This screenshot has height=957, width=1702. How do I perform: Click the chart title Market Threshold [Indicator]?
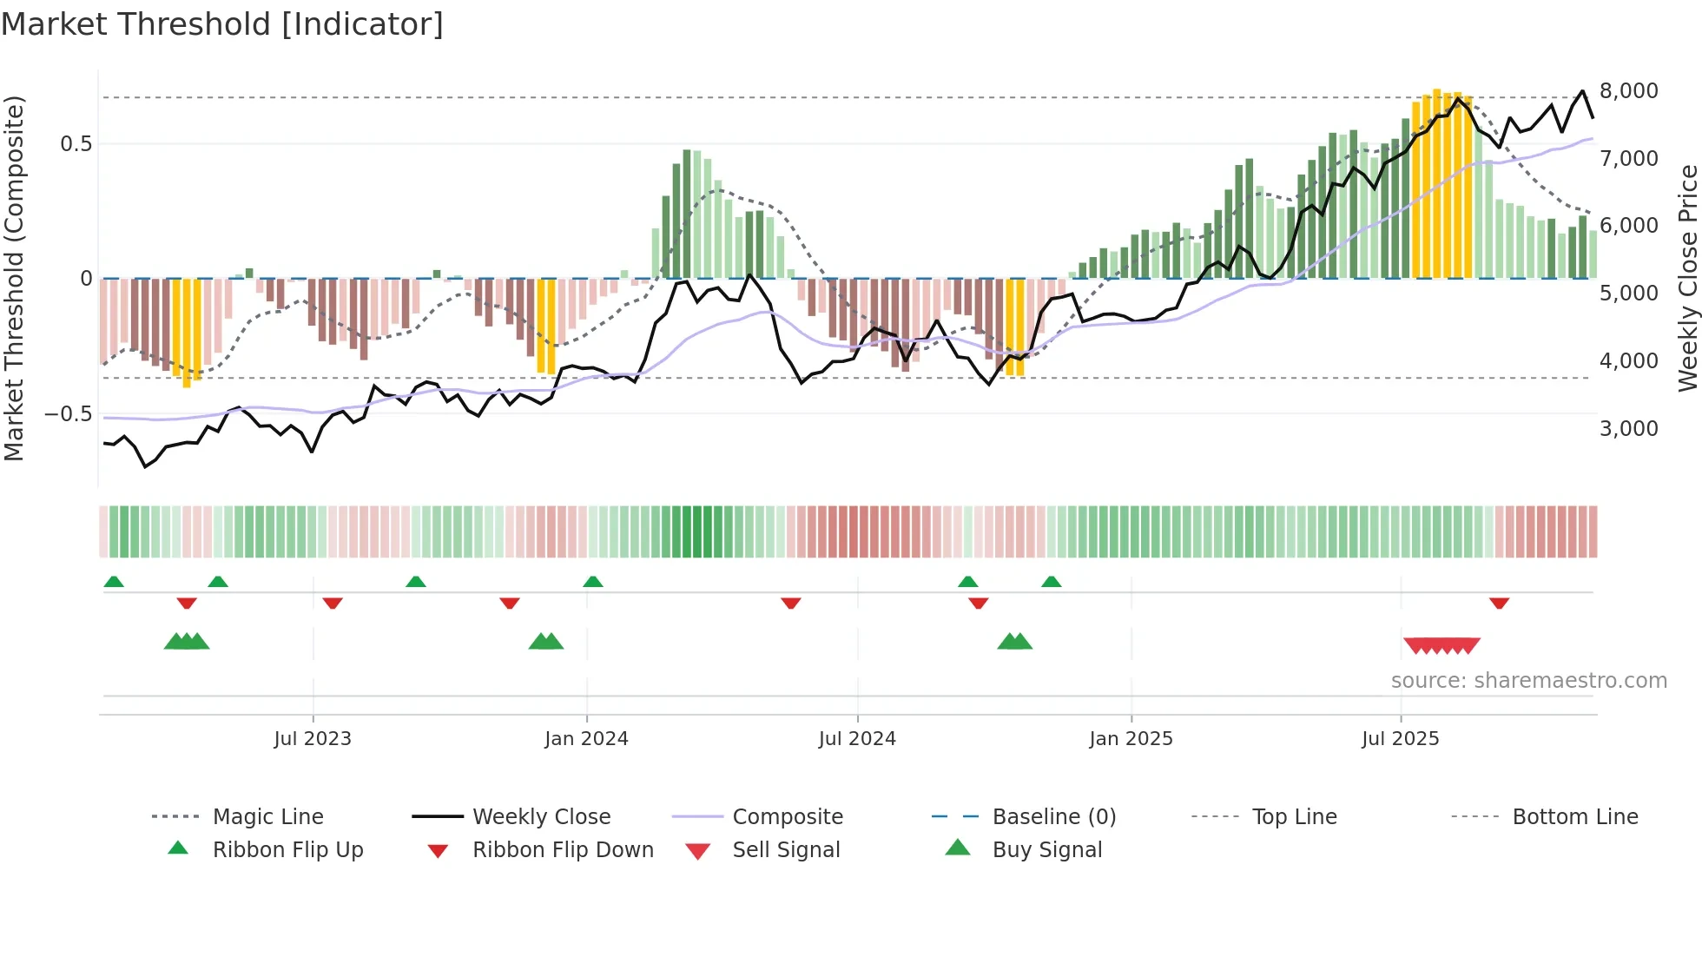coord(222,24)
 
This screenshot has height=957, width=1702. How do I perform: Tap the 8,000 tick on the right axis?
coord(1628,91)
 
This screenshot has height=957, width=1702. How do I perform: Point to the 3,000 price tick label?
coord(1628,428)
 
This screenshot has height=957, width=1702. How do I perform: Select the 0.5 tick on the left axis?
coord(76,144)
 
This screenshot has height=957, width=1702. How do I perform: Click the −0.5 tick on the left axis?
coord(69,414)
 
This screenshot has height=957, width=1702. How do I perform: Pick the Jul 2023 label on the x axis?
coord(313,739)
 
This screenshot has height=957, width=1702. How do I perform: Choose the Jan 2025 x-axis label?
coord(1131,739)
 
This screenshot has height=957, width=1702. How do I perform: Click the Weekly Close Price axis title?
coord(1687,278)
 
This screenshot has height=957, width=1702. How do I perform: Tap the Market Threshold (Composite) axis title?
coord(14,278)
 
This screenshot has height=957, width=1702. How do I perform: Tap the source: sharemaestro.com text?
coord(1528,681)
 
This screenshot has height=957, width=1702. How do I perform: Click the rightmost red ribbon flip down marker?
coord(1499,603)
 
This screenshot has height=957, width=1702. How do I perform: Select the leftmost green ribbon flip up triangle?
coord(114,582)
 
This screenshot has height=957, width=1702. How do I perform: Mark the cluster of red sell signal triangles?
coord(1441,646)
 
